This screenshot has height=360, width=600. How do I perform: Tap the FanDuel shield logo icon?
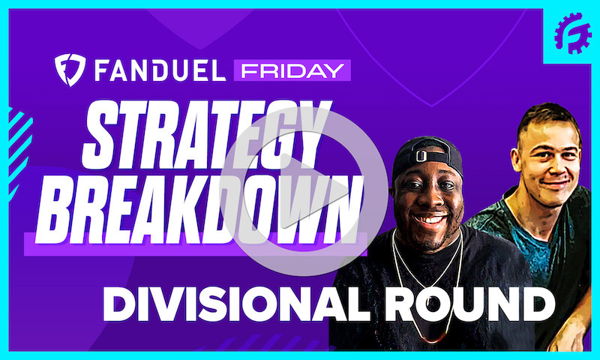pyautogui.click(x=69, y=69)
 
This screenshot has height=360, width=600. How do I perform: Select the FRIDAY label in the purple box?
pyautogui.click(x=291, y=70)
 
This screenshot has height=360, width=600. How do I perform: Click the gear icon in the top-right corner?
pyautogui.click(x=572, y=33)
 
